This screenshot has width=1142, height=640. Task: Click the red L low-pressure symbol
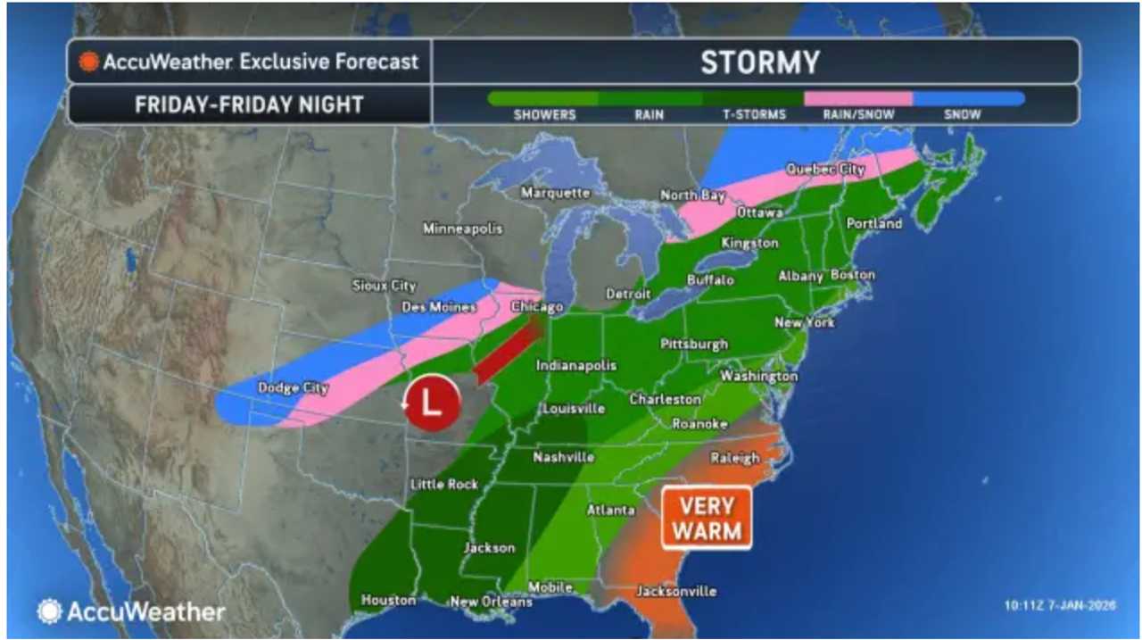click(431, 403)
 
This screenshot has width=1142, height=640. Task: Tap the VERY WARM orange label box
click(707, 518)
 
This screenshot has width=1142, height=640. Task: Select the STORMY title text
click(759, 62)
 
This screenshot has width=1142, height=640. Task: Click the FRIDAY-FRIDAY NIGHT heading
click(249, 104)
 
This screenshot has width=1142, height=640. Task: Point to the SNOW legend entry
click(962, 114)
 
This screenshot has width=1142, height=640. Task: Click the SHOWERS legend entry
click(544, 114)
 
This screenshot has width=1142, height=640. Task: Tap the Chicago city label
click(537, 307)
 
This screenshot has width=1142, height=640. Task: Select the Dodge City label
click(293, 387)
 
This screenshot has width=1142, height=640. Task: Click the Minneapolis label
click(462, 229)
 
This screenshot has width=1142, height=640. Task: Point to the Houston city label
click(388, 601)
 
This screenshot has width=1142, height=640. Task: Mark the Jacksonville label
click(675, 592)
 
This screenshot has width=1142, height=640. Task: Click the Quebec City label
click(825, 169)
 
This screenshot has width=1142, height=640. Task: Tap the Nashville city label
click(564, 457)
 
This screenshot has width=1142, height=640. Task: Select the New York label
click(804, 322)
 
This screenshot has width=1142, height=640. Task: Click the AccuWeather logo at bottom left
click(131, 611)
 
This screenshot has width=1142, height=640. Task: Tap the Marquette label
click(556, 193)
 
